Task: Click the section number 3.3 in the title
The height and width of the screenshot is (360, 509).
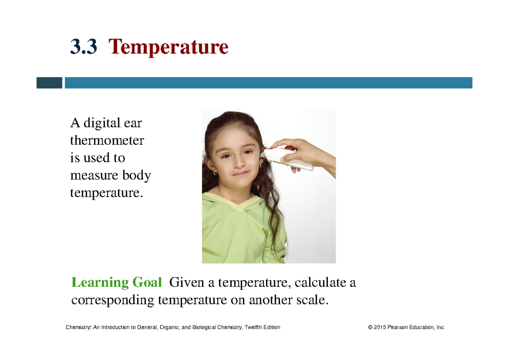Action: [x=84, y=48]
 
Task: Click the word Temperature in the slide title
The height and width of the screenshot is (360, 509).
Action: [x=169, y=48]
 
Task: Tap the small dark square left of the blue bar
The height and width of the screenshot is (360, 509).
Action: [x=49, y=83]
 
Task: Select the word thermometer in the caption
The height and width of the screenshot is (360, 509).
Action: [x=107, y=141]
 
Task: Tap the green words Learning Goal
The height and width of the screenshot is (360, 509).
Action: [x=117, y=282]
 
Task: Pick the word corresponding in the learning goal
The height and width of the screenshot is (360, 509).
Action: [x=112, y=300]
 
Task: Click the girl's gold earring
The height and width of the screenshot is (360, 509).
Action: [x=215, y=173]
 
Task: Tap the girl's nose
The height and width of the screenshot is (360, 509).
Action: [x=239, y=163]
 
